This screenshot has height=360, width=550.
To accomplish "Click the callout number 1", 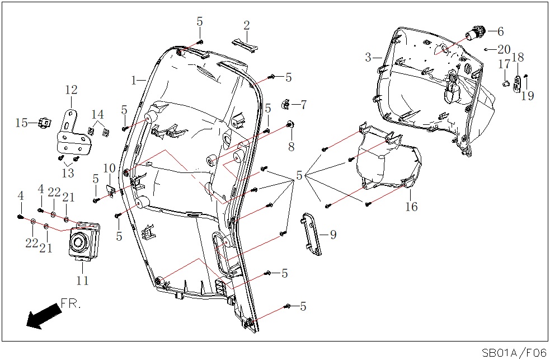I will click(134, 81).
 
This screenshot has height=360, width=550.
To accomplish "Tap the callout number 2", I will click(246, 26).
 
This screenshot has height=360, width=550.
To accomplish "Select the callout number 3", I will click(368, 57).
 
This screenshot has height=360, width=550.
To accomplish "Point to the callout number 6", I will click(500, 32).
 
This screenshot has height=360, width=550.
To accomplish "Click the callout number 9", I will click(333, 235).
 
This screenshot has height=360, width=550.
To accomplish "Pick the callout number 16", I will click(411, 207).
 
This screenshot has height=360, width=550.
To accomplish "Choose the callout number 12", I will click(71, 90).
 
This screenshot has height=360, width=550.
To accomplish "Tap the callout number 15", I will click(21, 123).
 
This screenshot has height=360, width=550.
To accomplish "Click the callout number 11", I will click(82, 281).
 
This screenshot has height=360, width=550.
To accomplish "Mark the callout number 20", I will click(504, 49).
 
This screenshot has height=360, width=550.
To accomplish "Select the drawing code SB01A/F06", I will click(514, 353).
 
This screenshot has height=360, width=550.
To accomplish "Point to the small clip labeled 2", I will click(245, 45).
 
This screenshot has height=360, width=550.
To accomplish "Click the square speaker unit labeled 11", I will click(84, 241).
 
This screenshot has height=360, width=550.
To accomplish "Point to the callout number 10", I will click(109, 168).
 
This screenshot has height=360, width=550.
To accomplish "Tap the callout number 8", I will click(291, 147).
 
